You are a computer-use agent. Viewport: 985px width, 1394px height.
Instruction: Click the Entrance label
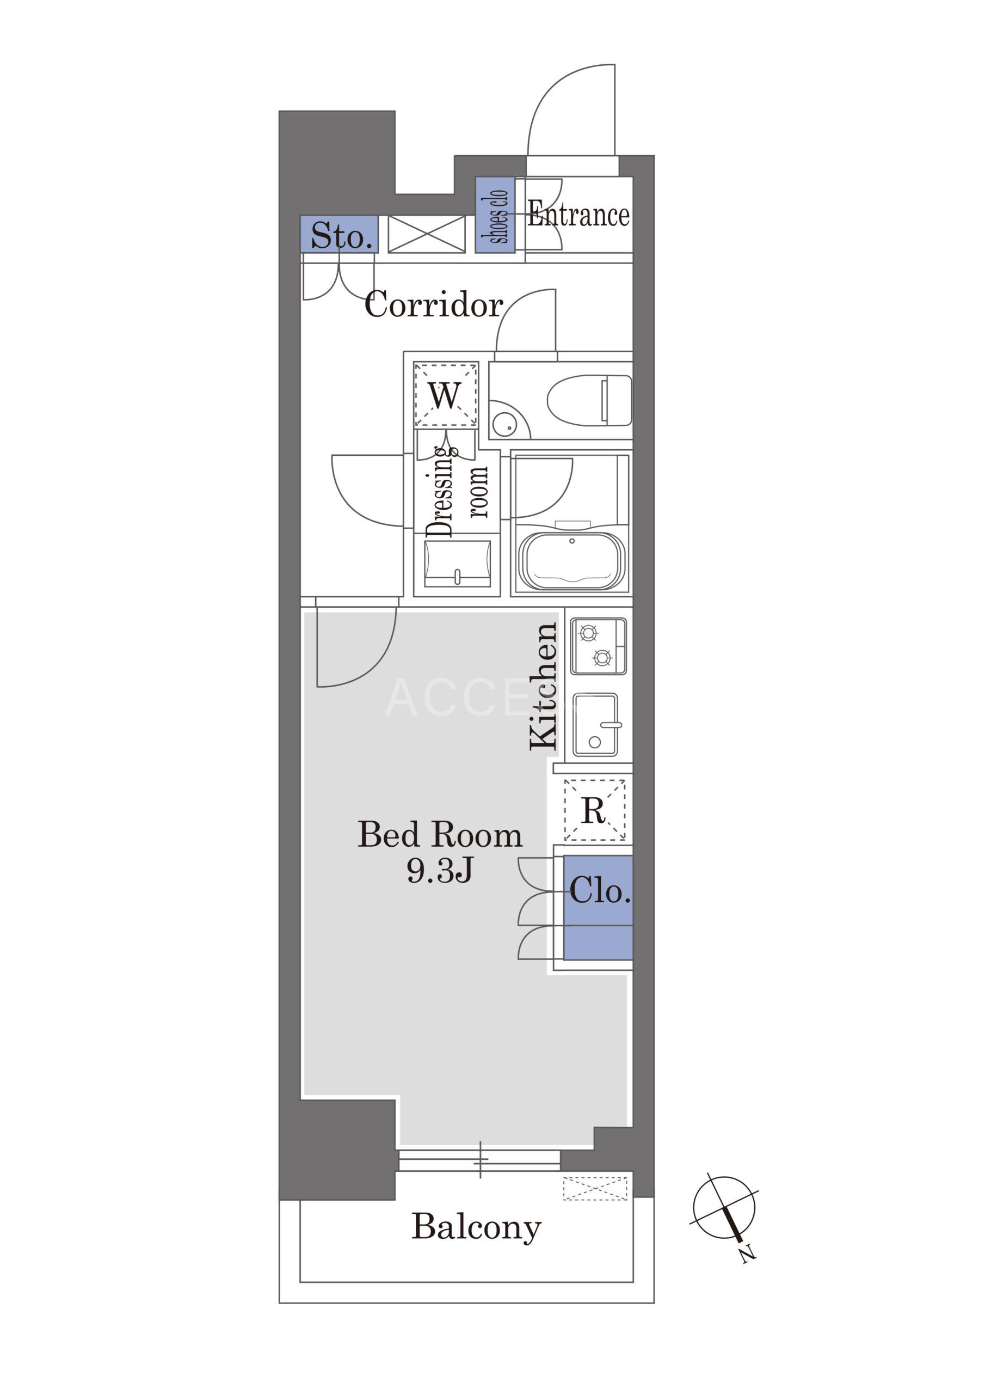(578, 215)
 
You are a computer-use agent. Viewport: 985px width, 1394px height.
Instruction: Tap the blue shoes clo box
(495, 215)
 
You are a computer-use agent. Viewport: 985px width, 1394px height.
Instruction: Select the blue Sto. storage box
(339, 234)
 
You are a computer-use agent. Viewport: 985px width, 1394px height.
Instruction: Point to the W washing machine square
(446, 395)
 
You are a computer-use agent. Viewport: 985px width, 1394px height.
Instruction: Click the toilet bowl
(589, 400)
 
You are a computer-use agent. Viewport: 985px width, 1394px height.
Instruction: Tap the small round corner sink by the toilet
(505, 424)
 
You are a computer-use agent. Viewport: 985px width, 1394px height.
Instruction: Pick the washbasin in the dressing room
(458, 564)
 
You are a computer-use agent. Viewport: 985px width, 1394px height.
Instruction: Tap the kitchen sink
(596, 725)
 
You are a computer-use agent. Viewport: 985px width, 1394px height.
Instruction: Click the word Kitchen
(543, 686)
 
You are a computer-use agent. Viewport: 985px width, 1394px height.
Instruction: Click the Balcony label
(476, 1227)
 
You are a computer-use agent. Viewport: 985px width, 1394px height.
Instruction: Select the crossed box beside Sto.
(427, 234)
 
